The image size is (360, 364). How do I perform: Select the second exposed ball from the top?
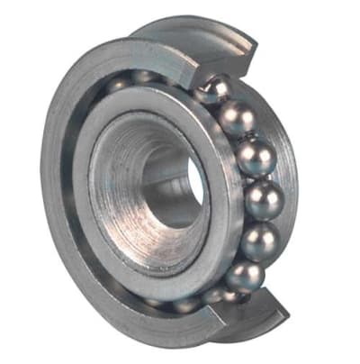238,117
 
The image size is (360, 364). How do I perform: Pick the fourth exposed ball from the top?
264,199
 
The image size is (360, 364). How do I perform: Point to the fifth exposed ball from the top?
258,241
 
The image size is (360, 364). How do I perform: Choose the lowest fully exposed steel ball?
243,275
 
